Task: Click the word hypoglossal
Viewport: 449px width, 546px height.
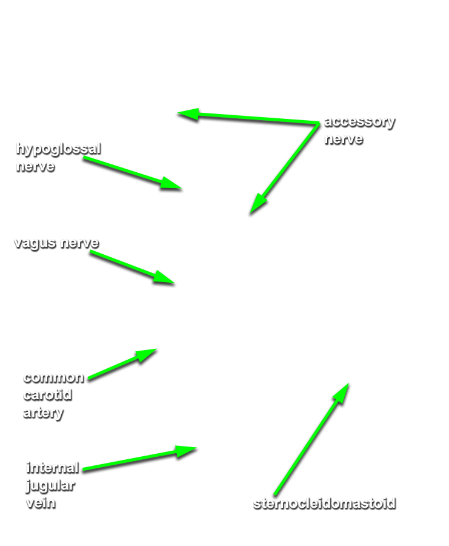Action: tap(58, 150)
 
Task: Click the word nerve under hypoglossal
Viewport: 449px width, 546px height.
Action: tap(36, 166)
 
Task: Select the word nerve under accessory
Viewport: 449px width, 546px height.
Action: tap(344, 140)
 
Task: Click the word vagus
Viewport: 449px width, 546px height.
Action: tap(35, 243)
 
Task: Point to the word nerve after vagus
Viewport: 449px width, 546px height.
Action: tap(79, 243)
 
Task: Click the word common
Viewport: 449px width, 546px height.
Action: tap(53, 378)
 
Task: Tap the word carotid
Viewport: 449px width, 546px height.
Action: tap(48, 395)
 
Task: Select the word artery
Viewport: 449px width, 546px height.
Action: tap(44, 413)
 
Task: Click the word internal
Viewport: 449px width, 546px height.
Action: tap(53, 468)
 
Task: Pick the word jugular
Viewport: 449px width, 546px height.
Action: tap(51, 486)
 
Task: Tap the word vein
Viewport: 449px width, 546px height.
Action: tap(41, 503)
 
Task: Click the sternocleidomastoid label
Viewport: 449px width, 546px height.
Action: tap(325, 504)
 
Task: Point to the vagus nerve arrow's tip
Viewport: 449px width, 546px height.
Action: tap(175, 283)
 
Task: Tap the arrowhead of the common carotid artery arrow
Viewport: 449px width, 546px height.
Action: tap(156, 349)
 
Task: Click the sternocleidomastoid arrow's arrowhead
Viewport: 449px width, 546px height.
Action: tap(348, 383)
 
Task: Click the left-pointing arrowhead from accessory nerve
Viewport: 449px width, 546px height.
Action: tap(178, 113)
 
